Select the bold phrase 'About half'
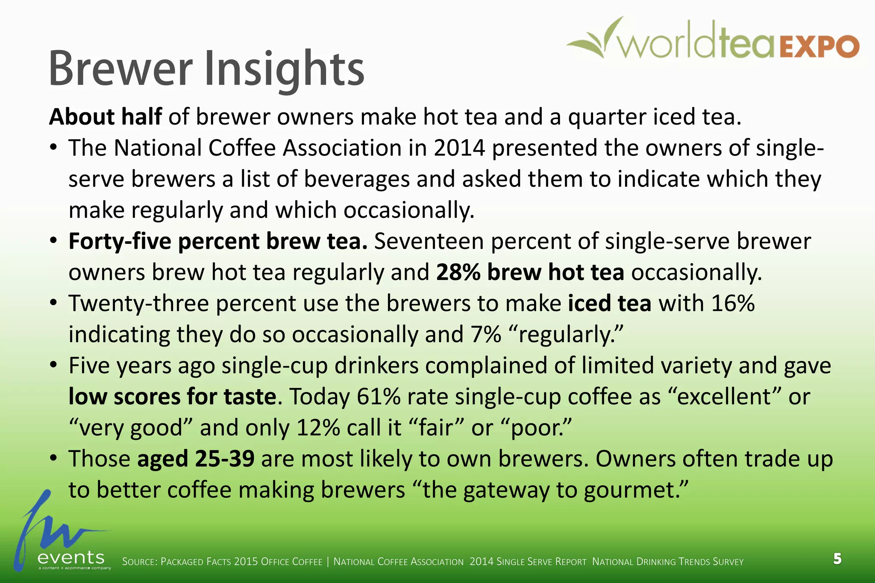(x=106, y=117)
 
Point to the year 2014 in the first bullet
(x=459, y=148)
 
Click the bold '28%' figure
(x=458, y=272)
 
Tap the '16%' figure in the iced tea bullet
(x=733, y=303)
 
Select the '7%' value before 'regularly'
(x=486, y=335)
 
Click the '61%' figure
(x=379, y=397)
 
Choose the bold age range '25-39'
(x=225, y=459)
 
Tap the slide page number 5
(x=837, y=559)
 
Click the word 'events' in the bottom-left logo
(x=71, y=557)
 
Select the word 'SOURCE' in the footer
(x=139, y=562)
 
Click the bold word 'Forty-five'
(x=120, y=241)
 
